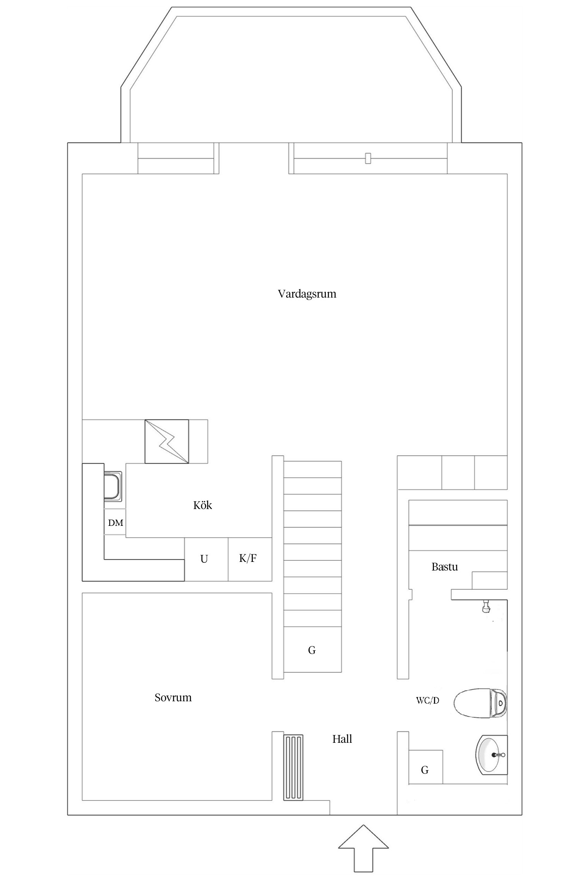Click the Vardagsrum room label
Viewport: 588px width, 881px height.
pos(307,294)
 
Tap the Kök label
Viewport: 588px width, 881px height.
pos(203,505)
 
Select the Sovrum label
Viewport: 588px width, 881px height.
pos(173,697)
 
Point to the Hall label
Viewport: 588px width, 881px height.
pos(342,739)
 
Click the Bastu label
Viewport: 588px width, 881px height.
pos(445,567)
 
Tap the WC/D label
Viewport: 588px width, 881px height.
pos(427,700)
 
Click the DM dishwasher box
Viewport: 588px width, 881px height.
pos(115,523)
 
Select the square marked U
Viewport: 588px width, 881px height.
pos(206,559)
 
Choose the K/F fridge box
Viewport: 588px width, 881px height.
pos(250,559)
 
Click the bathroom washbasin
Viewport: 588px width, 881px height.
pos(492,755)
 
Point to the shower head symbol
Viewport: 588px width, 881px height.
pos(486,607)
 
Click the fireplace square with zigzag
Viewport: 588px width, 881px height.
pos(167,441)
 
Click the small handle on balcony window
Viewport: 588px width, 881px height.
pos(368,158)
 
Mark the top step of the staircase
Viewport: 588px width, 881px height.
pos(312,469)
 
